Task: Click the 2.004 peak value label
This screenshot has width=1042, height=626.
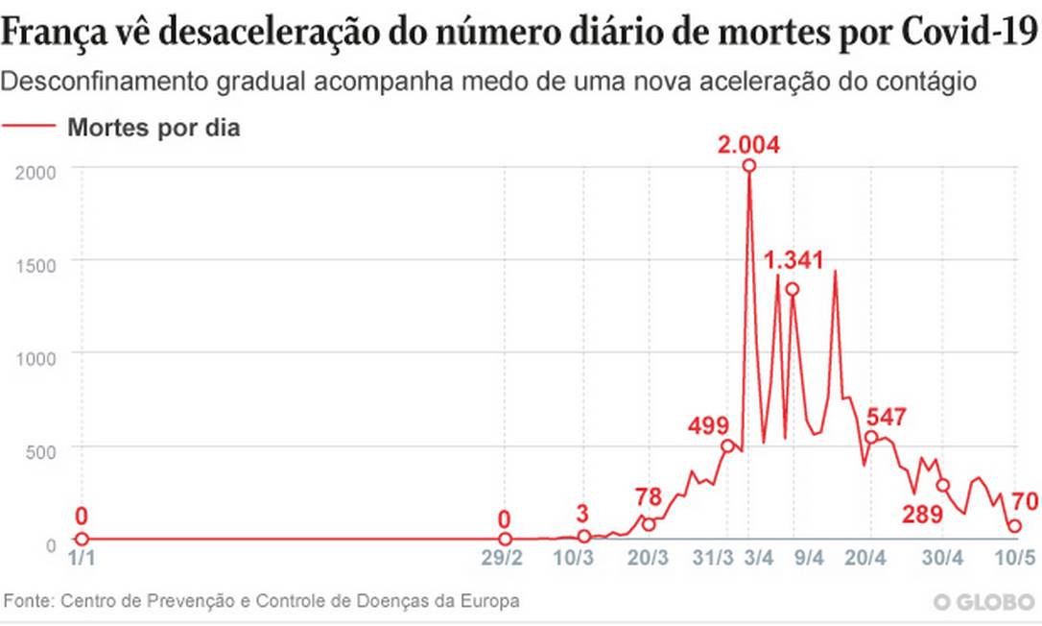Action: pos(748,146)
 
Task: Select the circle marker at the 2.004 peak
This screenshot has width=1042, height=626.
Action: pos(749,166)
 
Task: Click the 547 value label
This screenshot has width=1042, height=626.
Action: pos(887,418)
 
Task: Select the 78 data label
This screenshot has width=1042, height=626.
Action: pos(649,496)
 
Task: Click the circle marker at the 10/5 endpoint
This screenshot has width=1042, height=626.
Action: pos(1014,526)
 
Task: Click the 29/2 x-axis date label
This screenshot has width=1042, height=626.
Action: pos(505,558)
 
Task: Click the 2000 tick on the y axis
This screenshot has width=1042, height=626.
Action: pos(34,171)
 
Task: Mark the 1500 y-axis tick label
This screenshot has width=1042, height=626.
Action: pos(34,263)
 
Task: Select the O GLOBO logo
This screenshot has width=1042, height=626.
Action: pos(983,602)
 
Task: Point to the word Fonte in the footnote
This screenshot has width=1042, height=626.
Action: pos(29,601)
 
